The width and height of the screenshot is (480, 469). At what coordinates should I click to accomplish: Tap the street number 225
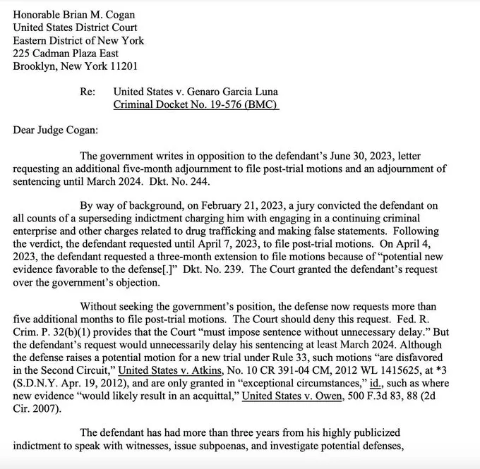click(x=23, y=54)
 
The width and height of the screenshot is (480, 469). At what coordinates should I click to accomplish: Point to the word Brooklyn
click(x=36, y=66)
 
